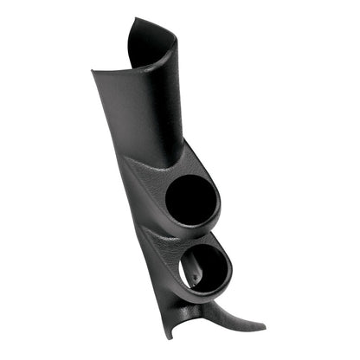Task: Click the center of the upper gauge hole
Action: (x=192, y=200)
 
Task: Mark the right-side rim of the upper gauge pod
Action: (x=219, y=199)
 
